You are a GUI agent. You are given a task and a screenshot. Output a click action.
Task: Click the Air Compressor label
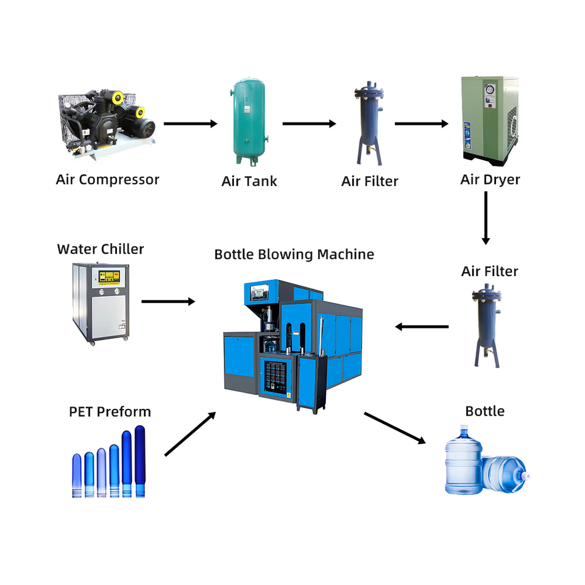coord(107,180)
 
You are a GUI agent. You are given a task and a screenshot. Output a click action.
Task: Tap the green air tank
coord(249,122)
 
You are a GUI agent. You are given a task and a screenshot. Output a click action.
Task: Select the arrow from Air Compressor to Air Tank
coord(191,124)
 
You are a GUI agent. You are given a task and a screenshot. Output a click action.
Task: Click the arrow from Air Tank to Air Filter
coord(310,124)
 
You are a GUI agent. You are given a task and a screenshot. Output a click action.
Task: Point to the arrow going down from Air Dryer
coord(486,218)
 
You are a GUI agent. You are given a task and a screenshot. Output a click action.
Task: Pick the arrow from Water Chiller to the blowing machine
coord(168,302)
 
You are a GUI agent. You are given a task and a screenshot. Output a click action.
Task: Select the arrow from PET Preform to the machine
coord(190,434)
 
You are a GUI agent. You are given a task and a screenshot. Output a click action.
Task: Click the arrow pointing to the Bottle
coord(395,428)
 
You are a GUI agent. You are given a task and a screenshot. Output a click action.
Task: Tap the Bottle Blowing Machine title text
coord(294,255)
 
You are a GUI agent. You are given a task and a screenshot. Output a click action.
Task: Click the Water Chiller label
coord(101,249)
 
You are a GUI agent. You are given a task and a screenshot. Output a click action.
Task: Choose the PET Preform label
coord(110,412)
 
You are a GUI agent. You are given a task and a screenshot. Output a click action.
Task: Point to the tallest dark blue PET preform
coord(140,461)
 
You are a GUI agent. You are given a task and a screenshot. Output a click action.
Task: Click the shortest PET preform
coord(77,475)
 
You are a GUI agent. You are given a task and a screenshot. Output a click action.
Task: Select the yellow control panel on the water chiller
coord(109,278)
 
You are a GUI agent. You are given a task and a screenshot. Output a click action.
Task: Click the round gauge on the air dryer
coord(490,90)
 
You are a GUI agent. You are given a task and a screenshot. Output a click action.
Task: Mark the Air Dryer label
coord(490,180)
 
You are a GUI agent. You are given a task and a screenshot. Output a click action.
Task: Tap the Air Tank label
coord(249,182)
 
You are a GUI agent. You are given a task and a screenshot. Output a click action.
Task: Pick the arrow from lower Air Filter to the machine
coord(422,327)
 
